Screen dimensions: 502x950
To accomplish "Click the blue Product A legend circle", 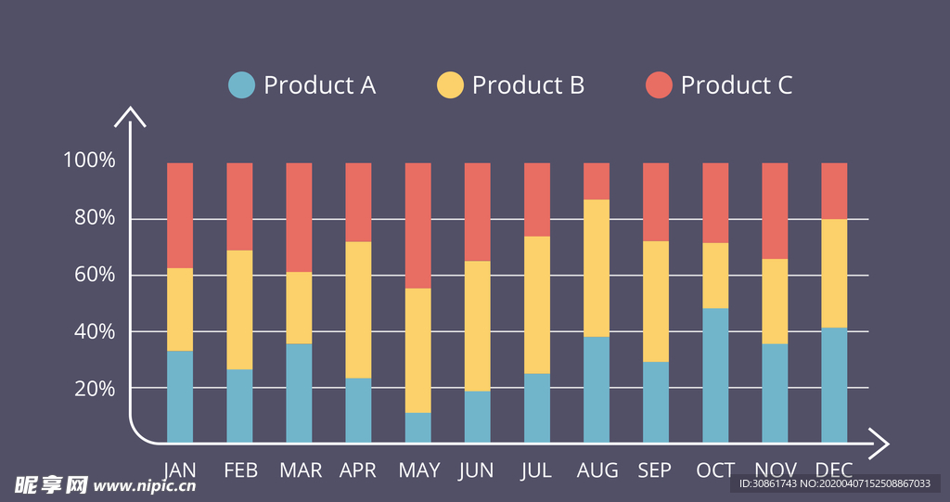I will [x=241, y=85].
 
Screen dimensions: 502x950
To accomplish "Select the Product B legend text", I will [x=527, y=85].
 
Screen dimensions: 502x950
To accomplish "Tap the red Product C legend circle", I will [x=658, y=85].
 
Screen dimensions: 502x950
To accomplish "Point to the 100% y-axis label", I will [x=89, y=161].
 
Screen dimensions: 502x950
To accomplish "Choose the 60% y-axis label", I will [x=89, y=275].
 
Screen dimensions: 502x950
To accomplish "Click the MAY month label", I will [x=418, y=470].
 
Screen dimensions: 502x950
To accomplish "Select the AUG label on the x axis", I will [x=597, y=470].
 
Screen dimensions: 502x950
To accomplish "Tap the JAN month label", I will [x=179, y=470].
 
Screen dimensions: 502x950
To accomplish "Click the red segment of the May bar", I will [x=418, y=225].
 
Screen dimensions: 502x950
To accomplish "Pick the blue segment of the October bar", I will [x=715, y=375].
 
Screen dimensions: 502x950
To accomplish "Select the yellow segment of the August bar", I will [x=597, y=268].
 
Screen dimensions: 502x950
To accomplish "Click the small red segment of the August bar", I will [x=597, y=181].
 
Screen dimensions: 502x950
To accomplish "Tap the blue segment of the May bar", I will [x=418, y=428].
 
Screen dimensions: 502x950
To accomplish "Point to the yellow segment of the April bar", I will [x=358, y=310].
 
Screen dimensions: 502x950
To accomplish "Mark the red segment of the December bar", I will [x=834, y=191].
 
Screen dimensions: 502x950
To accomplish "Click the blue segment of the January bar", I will [x=180, y=396].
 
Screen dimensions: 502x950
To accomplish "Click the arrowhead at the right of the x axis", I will [x=880, y=444].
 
